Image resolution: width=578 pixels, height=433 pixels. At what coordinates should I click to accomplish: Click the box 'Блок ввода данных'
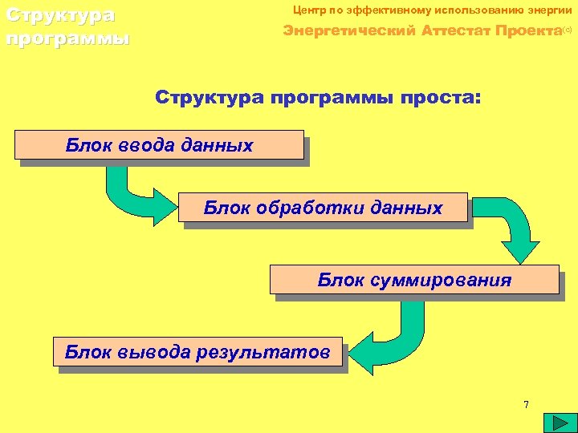(159, 145)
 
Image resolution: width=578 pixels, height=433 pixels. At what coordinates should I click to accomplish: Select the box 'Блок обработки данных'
(323, 208)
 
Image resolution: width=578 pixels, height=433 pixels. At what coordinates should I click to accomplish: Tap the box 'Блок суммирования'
(413, 280)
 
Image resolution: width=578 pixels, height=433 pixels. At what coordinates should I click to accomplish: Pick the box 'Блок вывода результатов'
(197, 351)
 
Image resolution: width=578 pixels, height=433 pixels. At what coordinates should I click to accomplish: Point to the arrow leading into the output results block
(385, 337)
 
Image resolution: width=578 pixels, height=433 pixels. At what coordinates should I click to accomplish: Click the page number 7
(526, 404)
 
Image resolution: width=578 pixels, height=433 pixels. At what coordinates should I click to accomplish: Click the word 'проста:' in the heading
(445, 98)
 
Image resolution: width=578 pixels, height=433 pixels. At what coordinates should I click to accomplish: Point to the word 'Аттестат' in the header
(450, 31)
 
